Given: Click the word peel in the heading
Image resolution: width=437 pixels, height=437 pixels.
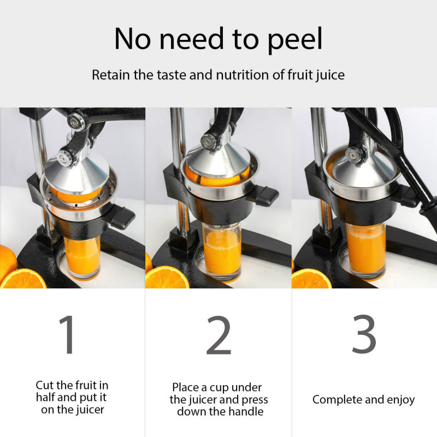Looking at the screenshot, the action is pyautogui.click(x=294, y=39).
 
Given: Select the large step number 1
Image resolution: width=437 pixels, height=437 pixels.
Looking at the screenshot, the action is pyautogui.click(x=67, y=334).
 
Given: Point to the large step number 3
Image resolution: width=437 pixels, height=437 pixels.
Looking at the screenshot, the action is pyautogui.click(x=364, y=334).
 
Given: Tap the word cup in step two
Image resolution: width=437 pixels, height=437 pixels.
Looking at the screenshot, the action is pyautogui.click(x=220, y=388).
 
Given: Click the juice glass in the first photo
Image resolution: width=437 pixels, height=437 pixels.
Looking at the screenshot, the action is pyautogui.click(x=82, y=256).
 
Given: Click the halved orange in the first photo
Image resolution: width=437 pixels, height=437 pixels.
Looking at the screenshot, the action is pyautogui.click(x=23, y=279).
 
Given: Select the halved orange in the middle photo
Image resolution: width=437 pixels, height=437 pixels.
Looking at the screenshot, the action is pyautogui.click(x=167, y=277).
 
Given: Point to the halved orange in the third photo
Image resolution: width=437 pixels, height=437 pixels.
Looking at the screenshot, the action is pyautogui.click(x=311, y=279).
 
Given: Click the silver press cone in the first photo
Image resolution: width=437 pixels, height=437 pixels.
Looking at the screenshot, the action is pyautogui.click(x=76, y=173).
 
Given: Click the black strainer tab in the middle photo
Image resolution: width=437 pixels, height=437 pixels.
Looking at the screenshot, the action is pyautogui.click(x=265, y=195).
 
